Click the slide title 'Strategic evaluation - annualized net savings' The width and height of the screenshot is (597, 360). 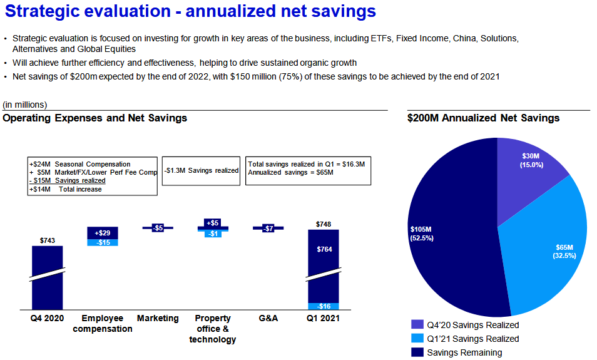pyautogui.click(x=190, y=11)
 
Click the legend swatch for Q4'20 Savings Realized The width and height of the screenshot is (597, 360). pyautogui.click(x=417, y=325)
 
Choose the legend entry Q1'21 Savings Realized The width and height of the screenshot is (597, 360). pyautogui.click(x=472, y=339)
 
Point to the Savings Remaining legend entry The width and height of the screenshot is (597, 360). pyautogui.click(x=464, y=352)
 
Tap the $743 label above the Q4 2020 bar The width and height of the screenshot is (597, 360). pyautogui.click(x=47, y=240)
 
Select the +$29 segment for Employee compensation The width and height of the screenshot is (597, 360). pyautogui.click(x=103, y=232)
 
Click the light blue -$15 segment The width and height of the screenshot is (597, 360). pyautogui.click(x=103, y=242)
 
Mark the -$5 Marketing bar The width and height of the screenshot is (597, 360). pyautogui.click(x=158, y=228)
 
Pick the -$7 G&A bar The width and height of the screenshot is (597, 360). pyautogui.click(x=268, y=229)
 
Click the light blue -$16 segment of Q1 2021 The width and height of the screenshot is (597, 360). pyautogui.click(x=323, y=306)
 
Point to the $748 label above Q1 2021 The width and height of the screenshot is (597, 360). pyautogui.click(x=323, y=224)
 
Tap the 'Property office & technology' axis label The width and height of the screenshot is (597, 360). pyautogui.click(x=213, y=329)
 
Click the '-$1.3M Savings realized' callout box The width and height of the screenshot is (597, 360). pyautogui.click(x=200, y=170)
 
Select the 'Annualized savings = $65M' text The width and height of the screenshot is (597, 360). pyautogui.click(x=290, y=172)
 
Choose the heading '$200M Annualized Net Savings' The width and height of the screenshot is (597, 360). pyautogui.click(x=483, y=118)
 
